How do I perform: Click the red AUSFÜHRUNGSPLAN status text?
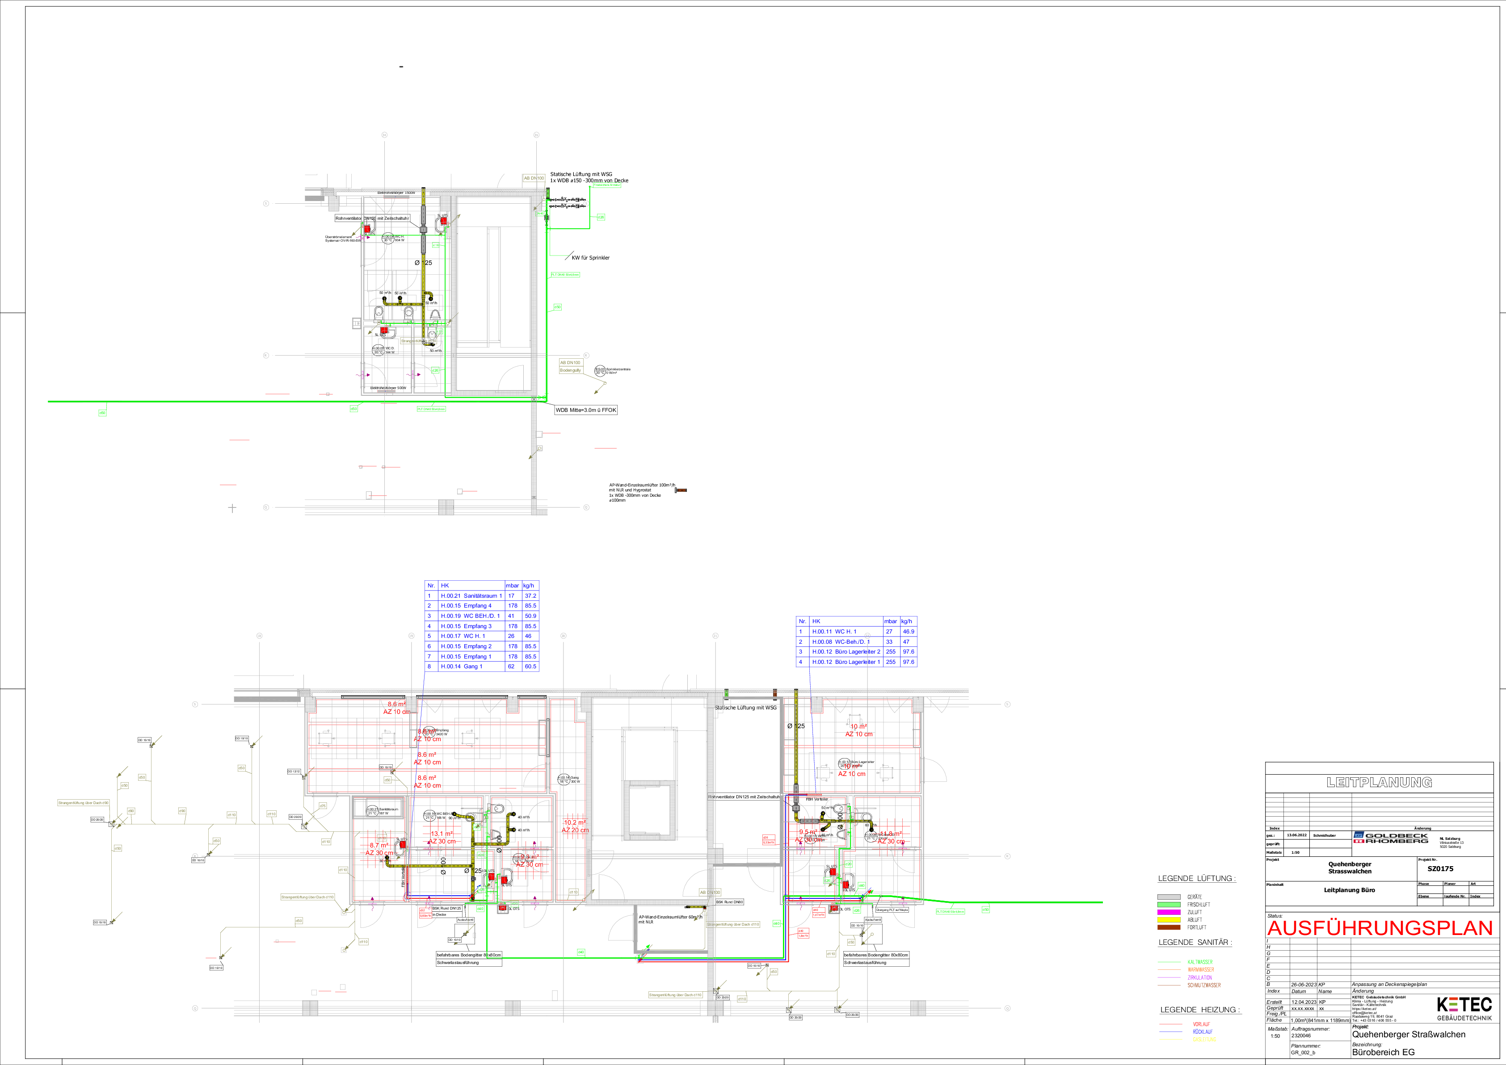pos(1380,928)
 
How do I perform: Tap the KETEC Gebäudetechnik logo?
pos(1464,1008)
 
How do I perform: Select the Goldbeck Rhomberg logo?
pos(1391,838)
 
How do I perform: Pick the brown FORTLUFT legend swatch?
pos(1169,927)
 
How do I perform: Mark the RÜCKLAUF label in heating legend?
pos(1202,1031)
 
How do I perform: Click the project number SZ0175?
pos(1440,869)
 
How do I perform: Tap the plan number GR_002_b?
pos(1303,1052)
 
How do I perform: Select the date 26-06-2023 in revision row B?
pos(1303,984)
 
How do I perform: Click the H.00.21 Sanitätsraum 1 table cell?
pos(471,596)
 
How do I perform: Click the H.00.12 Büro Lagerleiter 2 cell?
pos(846,652)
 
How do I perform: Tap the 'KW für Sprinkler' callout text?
pos(590,258)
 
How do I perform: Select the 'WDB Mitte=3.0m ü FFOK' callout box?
pos(586,410)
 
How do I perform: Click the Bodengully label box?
pos(570,370)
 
